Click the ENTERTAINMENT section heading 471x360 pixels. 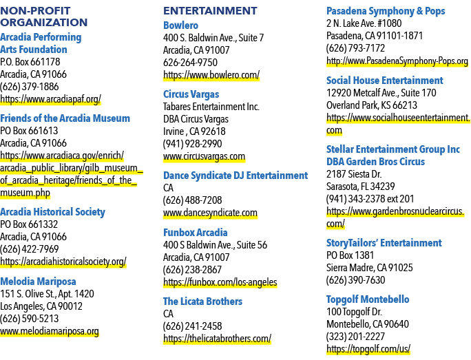[x=210, y=11]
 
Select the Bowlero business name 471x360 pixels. [x=180, y=25]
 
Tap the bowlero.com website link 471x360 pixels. [x=211, y=75]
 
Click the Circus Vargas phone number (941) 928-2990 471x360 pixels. [x=192, y=144]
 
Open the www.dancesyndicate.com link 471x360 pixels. [x=210, y=213]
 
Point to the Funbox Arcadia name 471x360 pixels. [x=196, y=233]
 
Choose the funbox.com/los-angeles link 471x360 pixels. [x=220, y=282]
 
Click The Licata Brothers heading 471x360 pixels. [x=202, y=301]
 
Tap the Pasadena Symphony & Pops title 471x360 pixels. [x=386, y=11]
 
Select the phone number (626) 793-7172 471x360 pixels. [x=355, y=48]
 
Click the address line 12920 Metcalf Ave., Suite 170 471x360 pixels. [x=381, y=93]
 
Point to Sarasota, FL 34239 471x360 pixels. [x=360, y=187]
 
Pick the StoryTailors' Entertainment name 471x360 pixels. [x=384, y=243]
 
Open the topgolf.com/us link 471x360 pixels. [x=368, y=349]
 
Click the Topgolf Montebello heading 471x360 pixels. [x=368, y=299]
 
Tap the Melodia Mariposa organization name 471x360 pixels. [x=38, y=282]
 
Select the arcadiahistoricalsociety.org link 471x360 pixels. [x=63, y=262]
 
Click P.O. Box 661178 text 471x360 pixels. [x=30, y=62]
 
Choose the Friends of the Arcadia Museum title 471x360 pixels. [x=65, y=118]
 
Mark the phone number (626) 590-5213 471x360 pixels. [x=30, y=319]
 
